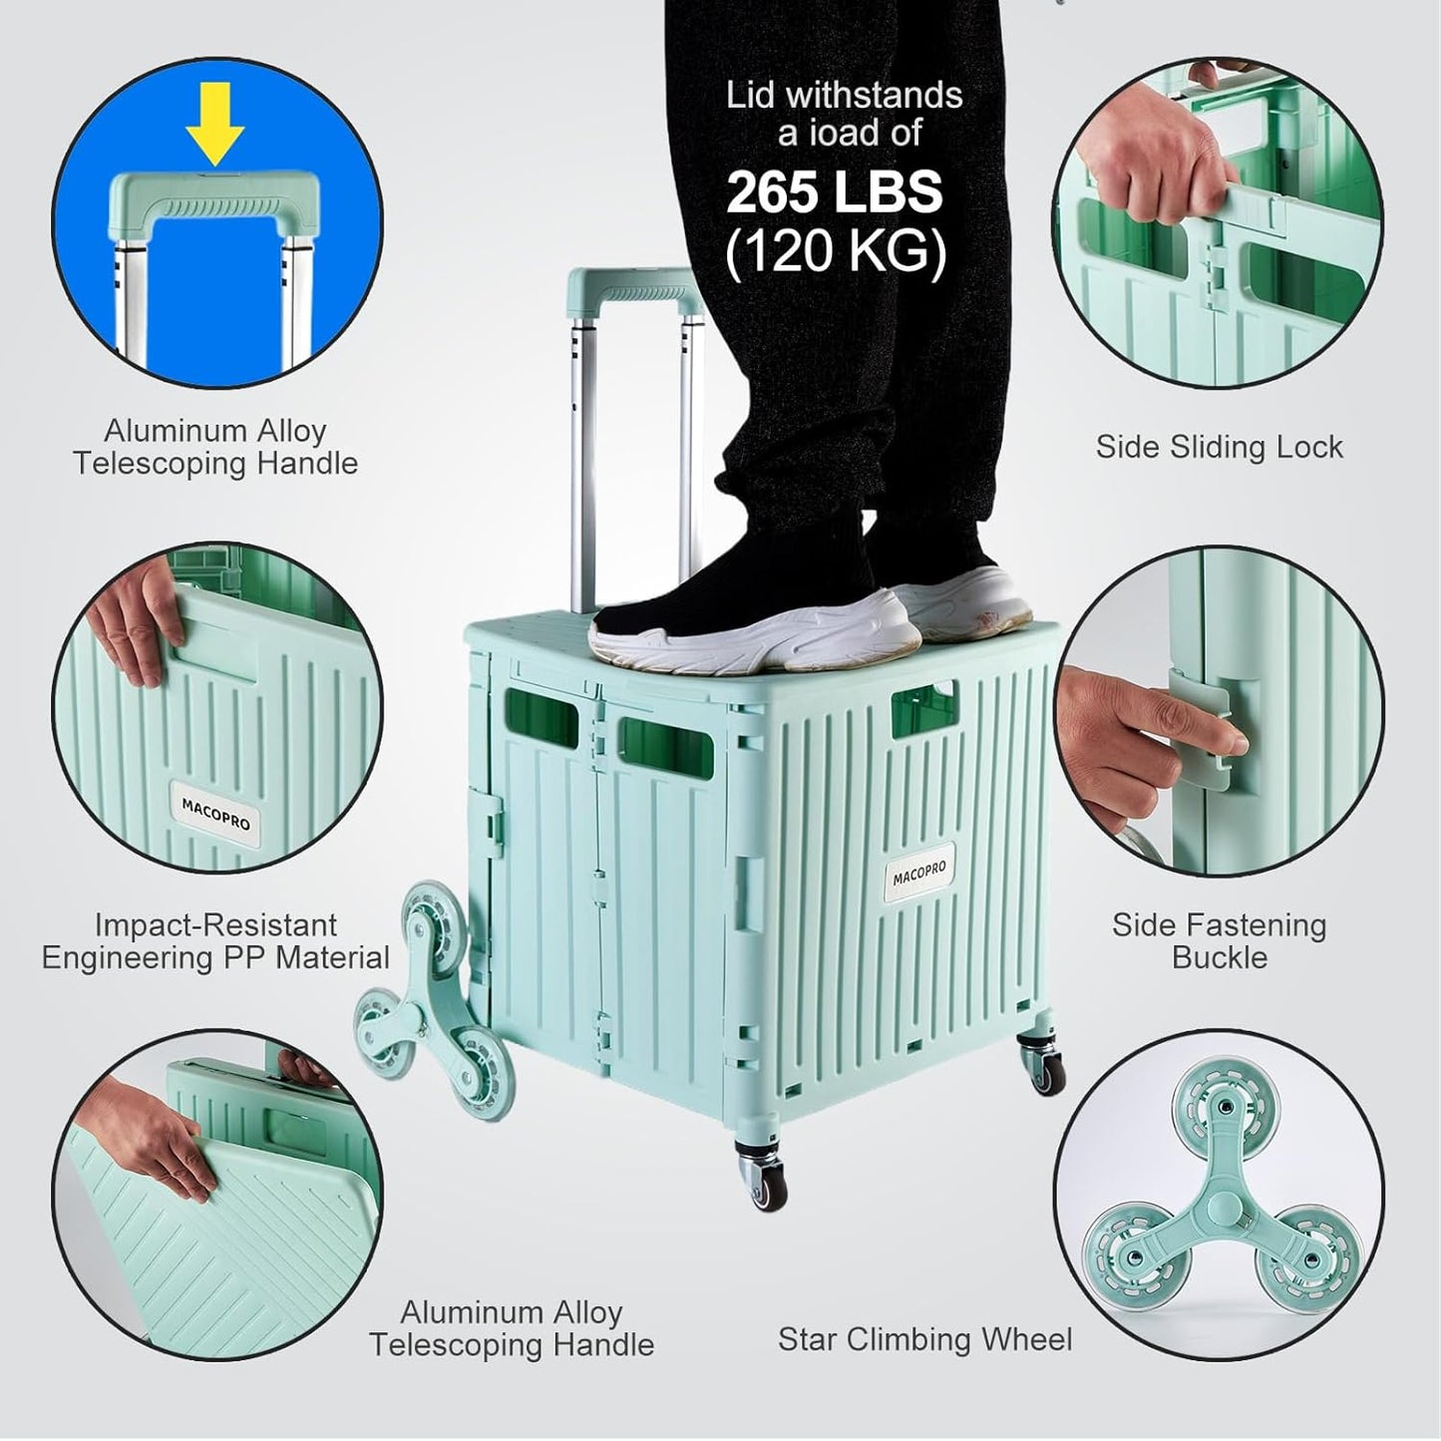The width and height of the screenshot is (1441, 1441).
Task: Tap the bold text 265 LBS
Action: (834, 192)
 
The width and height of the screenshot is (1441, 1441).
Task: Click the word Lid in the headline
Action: (750, 96)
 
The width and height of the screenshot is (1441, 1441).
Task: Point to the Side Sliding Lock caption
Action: (1219, 447)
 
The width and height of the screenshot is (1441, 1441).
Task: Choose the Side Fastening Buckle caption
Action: (1219, 940)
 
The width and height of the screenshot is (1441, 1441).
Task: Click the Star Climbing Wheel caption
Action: (924, 1338)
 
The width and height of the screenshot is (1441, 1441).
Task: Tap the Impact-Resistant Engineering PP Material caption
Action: (215, 940)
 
